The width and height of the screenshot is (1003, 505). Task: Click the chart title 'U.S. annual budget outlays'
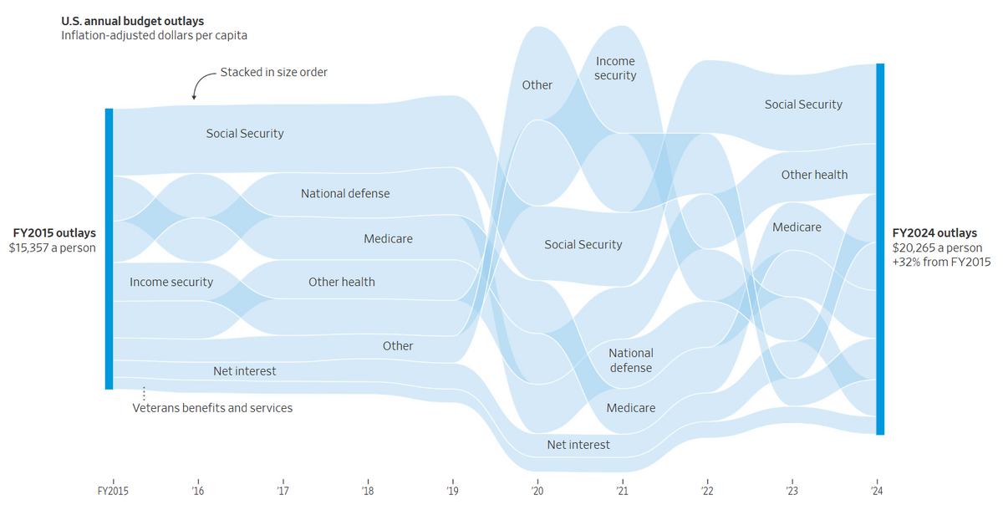point(132,20)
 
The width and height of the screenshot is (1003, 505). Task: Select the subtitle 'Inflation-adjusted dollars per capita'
point(154,35)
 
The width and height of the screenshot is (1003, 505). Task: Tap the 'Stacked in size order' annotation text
point(274,73)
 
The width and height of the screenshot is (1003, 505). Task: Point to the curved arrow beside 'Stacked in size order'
point(201,84)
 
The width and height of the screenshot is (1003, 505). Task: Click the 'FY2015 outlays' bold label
point(54,233)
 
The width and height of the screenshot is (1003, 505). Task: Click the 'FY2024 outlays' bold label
point(934,233)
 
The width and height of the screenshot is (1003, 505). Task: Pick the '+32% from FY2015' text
point(941,262)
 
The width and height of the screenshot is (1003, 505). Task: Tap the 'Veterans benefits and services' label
point(213,408)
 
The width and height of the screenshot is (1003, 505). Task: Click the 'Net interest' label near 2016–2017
point(245,370)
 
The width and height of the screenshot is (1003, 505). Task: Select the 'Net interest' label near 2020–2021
point(578,445)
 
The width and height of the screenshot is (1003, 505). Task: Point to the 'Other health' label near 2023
point(814,175)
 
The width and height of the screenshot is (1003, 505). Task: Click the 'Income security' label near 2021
point(616,69)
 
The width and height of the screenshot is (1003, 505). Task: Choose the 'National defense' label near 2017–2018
point(345,193)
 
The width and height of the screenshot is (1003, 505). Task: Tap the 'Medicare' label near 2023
point(797,227)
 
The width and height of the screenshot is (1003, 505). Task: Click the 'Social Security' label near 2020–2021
point(583,244)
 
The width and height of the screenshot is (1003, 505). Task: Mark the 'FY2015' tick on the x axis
point(112,491)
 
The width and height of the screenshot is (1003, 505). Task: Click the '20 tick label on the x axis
point(537,491)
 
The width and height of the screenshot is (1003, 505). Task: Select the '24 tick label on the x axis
point(877,491)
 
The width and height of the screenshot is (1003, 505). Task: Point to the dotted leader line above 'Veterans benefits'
point(144,392)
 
